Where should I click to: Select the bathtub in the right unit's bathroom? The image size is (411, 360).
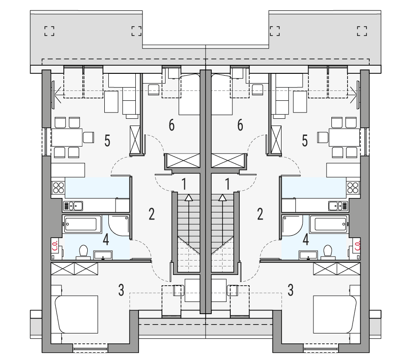[331, 224]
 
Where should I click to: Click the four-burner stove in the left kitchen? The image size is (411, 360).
[58, 187]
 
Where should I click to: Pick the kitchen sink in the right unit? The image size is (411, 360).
[338, 206]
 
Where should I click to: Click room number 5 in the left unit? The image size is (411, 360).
[107, 141]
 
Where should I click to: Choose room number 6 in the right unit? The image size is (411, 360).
[240, 125]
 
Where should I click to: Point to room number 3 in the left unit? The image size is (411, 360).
[121, 290]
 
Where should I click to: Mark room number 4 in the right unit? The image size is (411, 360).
[306, 239]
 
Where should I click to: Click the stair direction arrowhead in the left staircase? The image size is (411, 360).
[189, 197]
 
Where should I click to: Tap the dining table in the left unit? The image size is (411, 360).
[67, 137]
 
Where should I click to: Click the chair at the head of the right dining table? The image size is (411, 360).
[322, 137]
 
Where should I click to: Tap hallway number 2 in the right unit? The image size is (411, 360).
[260, 214]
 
